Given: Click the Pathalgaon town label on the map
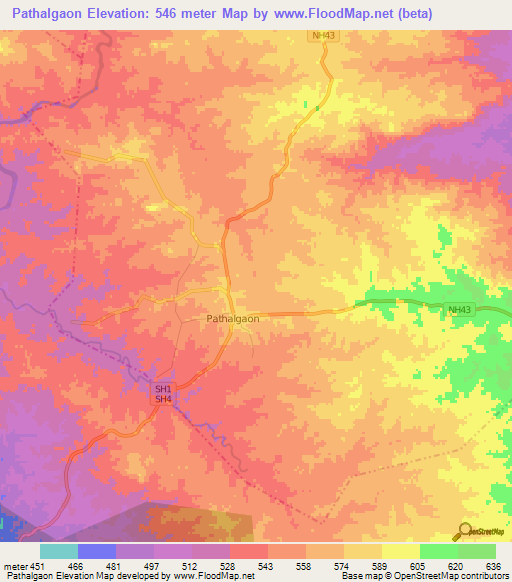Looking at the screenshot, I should [232, 318].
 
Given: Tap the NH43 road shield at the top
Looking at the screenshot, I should [319, 36].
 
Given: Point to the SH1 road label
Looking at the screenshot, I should [163, 388].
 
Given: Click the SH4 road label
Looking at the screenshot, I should [163, 399].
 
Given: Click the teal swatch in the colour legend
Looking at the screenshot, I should [59, 551].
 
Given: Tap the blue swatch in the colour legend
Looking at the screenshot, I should [97, 551].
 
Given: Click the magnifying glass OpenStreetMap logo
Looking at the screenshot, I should [465, 531].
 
